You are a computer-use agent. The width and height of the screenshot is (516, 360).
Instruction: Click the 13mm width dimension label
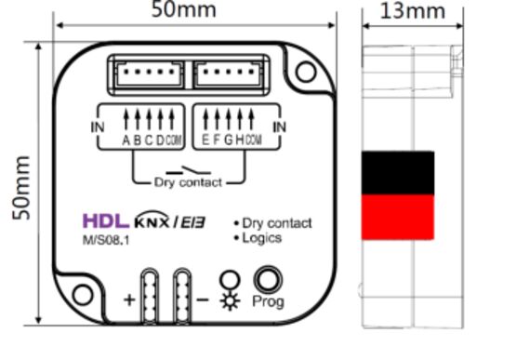413,11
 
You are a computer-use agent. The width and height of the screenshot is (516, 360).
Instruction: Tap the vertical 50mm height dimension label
21,188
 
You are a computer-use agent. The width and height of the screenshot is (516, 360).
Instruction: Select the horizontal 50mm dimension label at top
184,9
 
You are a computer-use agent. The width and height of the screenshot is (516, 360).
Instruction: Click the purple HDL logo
105,220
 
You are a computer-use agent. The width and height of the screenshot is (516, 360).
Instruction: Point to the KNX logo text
152,220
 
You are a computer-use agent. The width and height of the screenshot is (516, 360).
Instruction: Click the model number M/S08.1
106,240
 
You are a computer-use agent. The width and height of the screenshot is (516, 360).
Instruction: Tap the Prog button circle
268,280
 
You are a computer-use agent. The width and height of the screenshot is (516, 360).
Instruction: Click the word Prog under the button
268,301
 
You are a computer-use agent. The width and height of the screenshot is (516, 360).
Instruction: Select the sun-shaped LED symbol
230,301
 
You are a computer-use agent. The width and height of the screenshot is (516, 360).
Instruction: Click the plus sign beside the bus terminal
129,300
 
